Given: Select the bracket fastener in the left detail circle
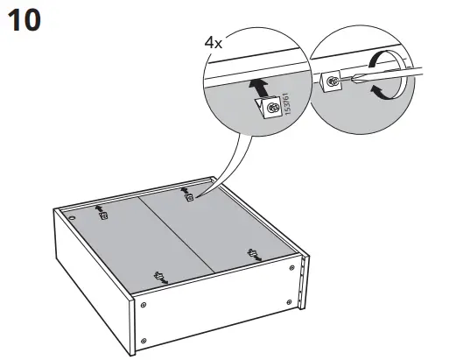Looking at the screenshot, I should [270, 108].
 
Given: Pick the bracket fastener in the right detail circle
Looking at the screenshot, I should [334, 83].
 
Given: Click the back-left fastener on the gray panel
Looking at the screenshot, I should [102, 214].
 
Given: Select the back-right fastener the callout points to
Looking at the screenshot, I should [188, 198].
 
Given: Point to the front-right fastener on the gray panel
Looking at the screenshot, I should [254, 256].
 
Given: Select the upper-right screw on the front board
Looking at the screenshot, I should [293, 273].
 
